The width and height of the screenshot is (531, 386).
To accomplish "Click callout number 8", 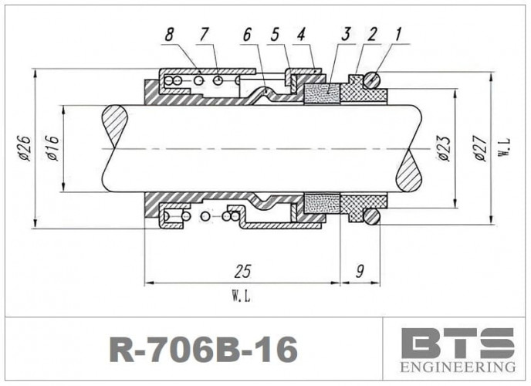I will tap(170, 36).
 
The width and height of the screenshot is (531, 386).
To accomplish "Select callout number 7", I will tap(205, 36).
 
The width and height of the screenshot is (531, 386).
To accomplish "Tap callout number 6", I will tap(247, 36).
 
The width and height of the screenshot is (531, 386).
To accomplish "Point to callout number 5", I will tap(275, 36).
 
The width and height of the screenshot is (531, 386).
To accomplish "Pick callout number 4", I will tap(301, 36).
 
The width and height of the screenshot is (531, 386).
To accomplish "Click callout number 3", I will tap(347, 34).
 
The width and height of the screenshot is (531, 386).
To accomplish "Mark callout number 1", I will tap(397, 34).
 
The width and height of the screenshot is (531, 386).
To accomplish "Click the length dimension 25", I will tap(242, 273).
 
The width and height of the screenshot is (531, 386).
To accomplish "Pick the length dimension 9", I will tap(360, 273).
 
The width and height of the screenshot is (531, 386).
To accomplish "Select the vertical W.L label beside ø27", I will tap(503, 148).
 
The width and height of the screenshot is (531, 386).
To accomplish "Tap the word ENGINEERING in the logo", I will tap(458, 366).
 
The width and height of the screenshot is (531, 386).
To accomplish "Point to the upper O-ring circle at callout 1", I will tap(372, 79).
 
